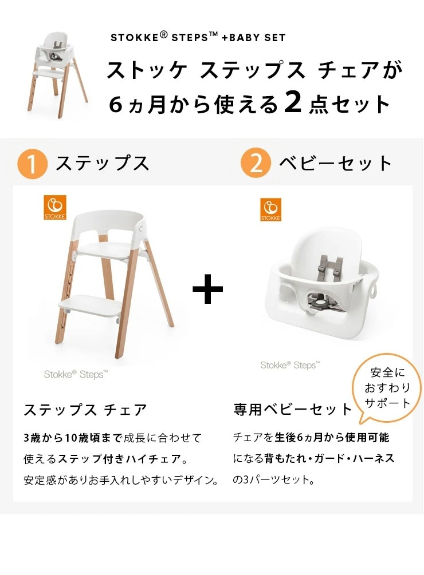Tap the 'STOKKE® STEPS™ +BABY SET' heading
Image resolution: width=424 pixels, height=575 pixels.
pyautogui.click(x=197, y=38)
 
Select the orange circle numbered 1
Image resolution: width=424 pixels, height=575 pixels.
pyautogui.click(x=32, y=163)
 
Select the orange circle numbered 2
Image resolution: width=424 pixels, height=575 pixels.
pyautogui.click(x=256, y=163)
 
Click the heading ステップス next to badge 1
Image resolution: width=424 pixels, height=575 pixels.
pyautogui.click(x=102, y=164)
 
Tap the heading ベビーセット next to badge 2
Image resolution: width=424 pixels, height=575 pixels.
pyautogui.click(x=335, y=164)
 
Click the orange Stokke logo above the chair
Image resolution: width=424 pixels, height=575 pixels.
pyautogui.click(x=55, y=207)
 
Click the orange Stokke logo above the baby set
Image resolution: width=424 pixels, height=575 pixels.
pyautogui.click(x=271, y=209)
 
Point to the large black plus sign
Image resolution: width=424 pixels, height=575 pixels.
pyautogui.click(x=207, y=290)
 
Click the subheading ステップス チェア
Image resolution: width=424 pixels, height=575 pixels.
pyautogui.click(x=85, y=410)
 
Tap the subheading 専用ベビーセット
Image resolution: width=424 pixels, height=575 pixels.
pyautogui.click(x=292, y=410)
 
